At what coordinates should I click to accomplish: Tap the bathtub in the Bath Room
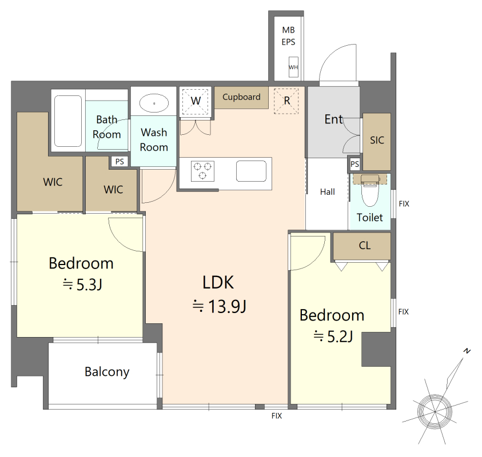pos(68,121)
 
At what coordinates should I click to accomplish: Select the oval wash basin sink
pos(154,103)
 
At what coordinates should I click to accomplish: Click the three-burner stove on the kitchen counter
pos(202,171)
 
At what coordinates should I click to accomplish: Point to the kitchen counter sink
pos(251,171)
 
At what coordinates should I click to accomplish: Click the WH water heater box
pos(293,67)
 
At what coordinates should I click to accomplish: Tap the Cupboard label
pos(241,97)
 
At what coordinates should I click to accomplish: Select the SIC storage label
pos(377,141)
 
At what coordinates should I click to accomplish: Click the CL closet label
pos(365,246)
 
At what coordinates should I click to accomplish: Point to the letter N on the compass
pos(467,351)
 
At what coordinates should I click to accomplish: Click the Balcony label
pos(107,372)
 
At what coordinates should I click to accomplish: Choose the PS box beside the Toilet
pos(354,164)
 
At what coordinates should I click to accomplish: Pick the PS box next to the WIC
pos(119,162)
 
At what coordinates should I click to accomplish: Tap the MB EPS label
pos(288,36)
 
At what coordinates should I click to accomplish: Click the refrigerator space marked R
pos(286,101)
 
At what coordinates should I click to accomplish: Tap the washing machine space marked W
pos(196,101)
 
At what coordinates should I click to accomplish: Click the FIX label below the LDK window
pos(277,416)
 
